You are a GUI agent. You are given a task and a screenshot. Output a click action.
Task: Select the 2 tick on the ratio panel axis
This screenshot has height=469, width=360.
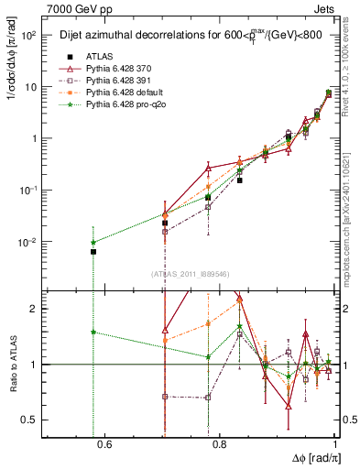[x=35, y=309]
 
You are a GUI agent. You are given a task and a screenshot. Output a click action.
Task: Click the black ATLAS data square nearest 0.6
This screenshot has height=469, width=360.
[x=93, y=251]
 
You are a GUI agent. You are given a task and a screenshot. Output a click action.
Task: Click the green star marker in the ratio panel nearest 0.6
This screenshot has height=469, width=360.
[x=93, y=332]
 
